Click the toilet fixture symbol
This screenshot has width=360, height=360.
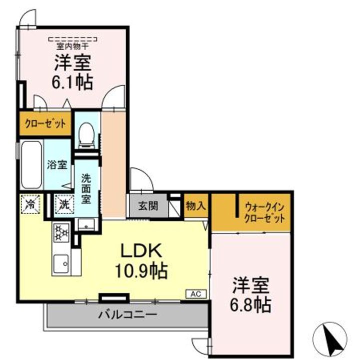click(86, 135)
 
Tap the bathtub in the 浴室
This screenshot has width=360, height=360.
click(31, 164)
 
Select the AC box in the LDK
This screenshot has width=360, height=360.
click(196, 294)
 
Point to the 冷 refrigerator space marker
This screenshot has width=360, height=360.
click(30, 204)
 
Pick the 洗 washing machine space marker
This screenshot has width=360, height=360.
click(64, 204)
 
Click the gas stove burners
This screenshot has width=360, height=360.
click(61, 233)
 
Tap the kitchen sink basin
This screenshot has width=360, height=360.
click(61, 263)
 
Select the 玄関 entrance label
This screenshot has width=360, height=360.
click(148, 205)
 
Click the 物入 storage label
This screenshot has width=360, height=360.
click(196, 205)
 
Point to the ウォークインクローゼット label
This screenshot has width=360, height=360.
click(264, 212)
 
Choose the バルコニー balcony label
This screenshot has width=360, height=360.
click(127, 314)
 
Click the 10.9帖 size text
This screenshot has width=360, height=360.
click(141, 271)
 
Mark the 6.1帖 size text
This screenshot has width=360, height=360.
click(72, 82)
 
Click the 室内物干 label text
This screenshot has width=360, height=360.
click(72, 46)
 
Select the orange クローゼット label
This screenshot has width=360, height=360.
click(45, 124)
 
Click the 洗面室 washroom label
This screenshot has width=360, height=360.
click(86, 188)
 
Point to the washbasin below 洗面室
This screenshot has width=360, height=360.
click(86, 224)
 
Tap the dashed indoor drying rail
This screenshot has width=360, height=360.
click(72, 39)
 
